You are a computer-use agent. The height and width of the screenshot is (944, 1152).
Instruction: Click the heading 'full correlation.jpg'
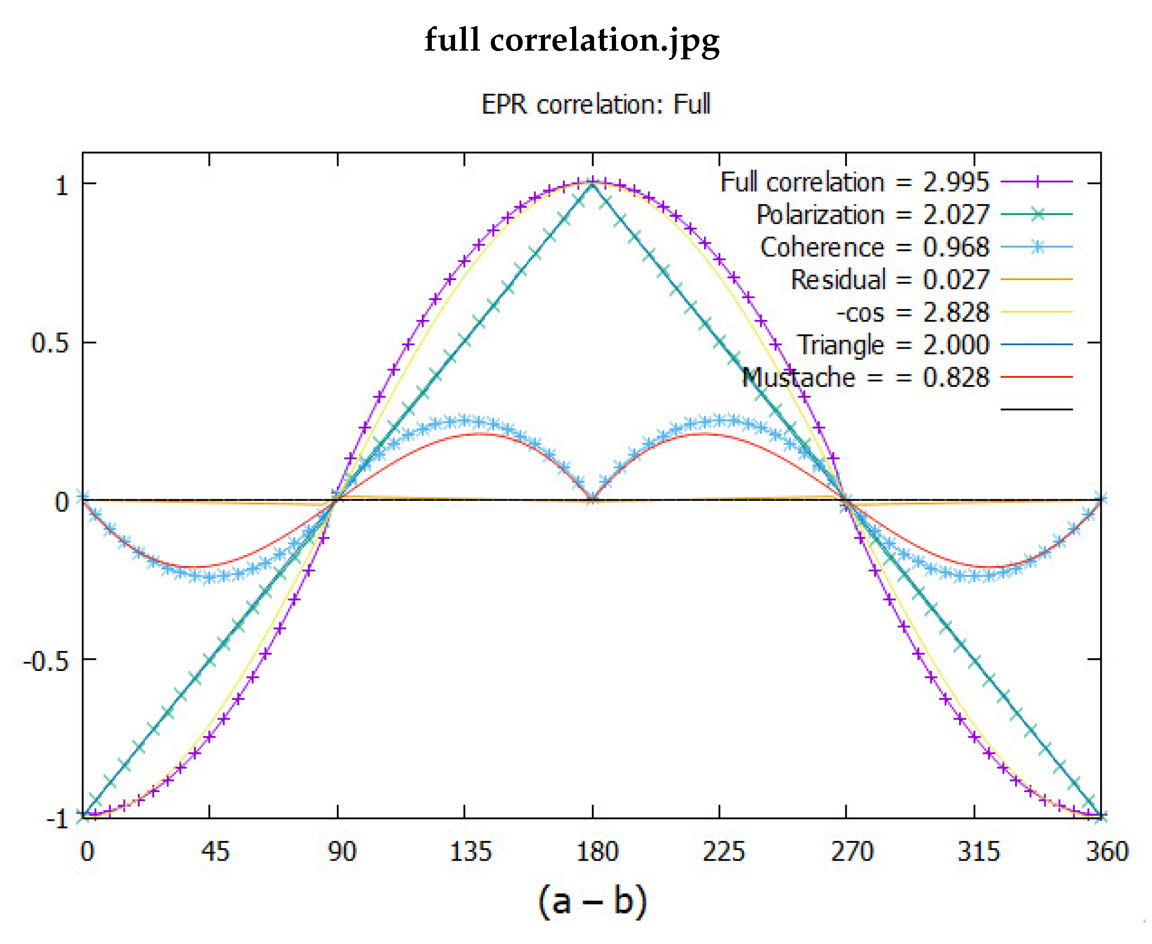point(572,41)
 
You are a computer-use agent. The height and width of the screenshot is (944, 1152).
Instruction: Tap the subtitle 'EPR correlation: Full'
point(596,104)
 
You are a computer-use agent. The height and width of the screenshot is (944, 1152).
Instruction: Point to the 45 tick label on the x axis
point(215,851)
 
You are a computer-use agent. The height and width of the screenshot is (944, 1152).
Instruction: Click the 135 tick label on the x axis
point(471,851)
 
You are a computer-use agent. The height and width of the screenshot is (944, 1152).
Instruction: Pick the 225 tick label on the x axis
point(723,851)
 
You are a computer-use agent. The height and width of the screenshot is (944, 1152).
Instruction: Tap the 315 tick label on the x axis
point(979,851)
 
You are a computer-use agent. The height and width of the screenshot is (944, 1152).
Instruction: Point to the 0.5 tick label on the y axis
point(50,343)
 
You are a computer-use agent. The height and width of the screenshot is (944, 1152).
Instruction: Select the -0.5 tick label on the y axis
point(46,661)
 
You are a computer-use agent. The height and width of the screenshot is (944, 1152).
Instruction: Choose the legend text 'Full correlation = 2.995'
point(855,182)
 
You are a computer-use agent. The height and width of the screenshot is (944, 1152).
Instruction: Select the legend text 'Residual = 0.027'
point(890,280)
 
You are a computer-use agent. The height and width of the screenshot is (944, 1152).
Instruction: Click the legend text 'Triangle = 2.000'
point(893,345)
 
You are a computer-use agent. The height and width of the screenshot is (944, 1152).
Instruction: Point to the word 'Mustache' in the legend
point(799,377)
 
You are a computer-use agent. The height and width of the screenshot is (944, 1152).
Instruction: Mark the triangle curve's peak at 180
point(592,184)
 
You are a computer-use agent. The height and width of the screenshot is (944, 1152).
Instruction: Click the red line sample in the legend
point(1036,376)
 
